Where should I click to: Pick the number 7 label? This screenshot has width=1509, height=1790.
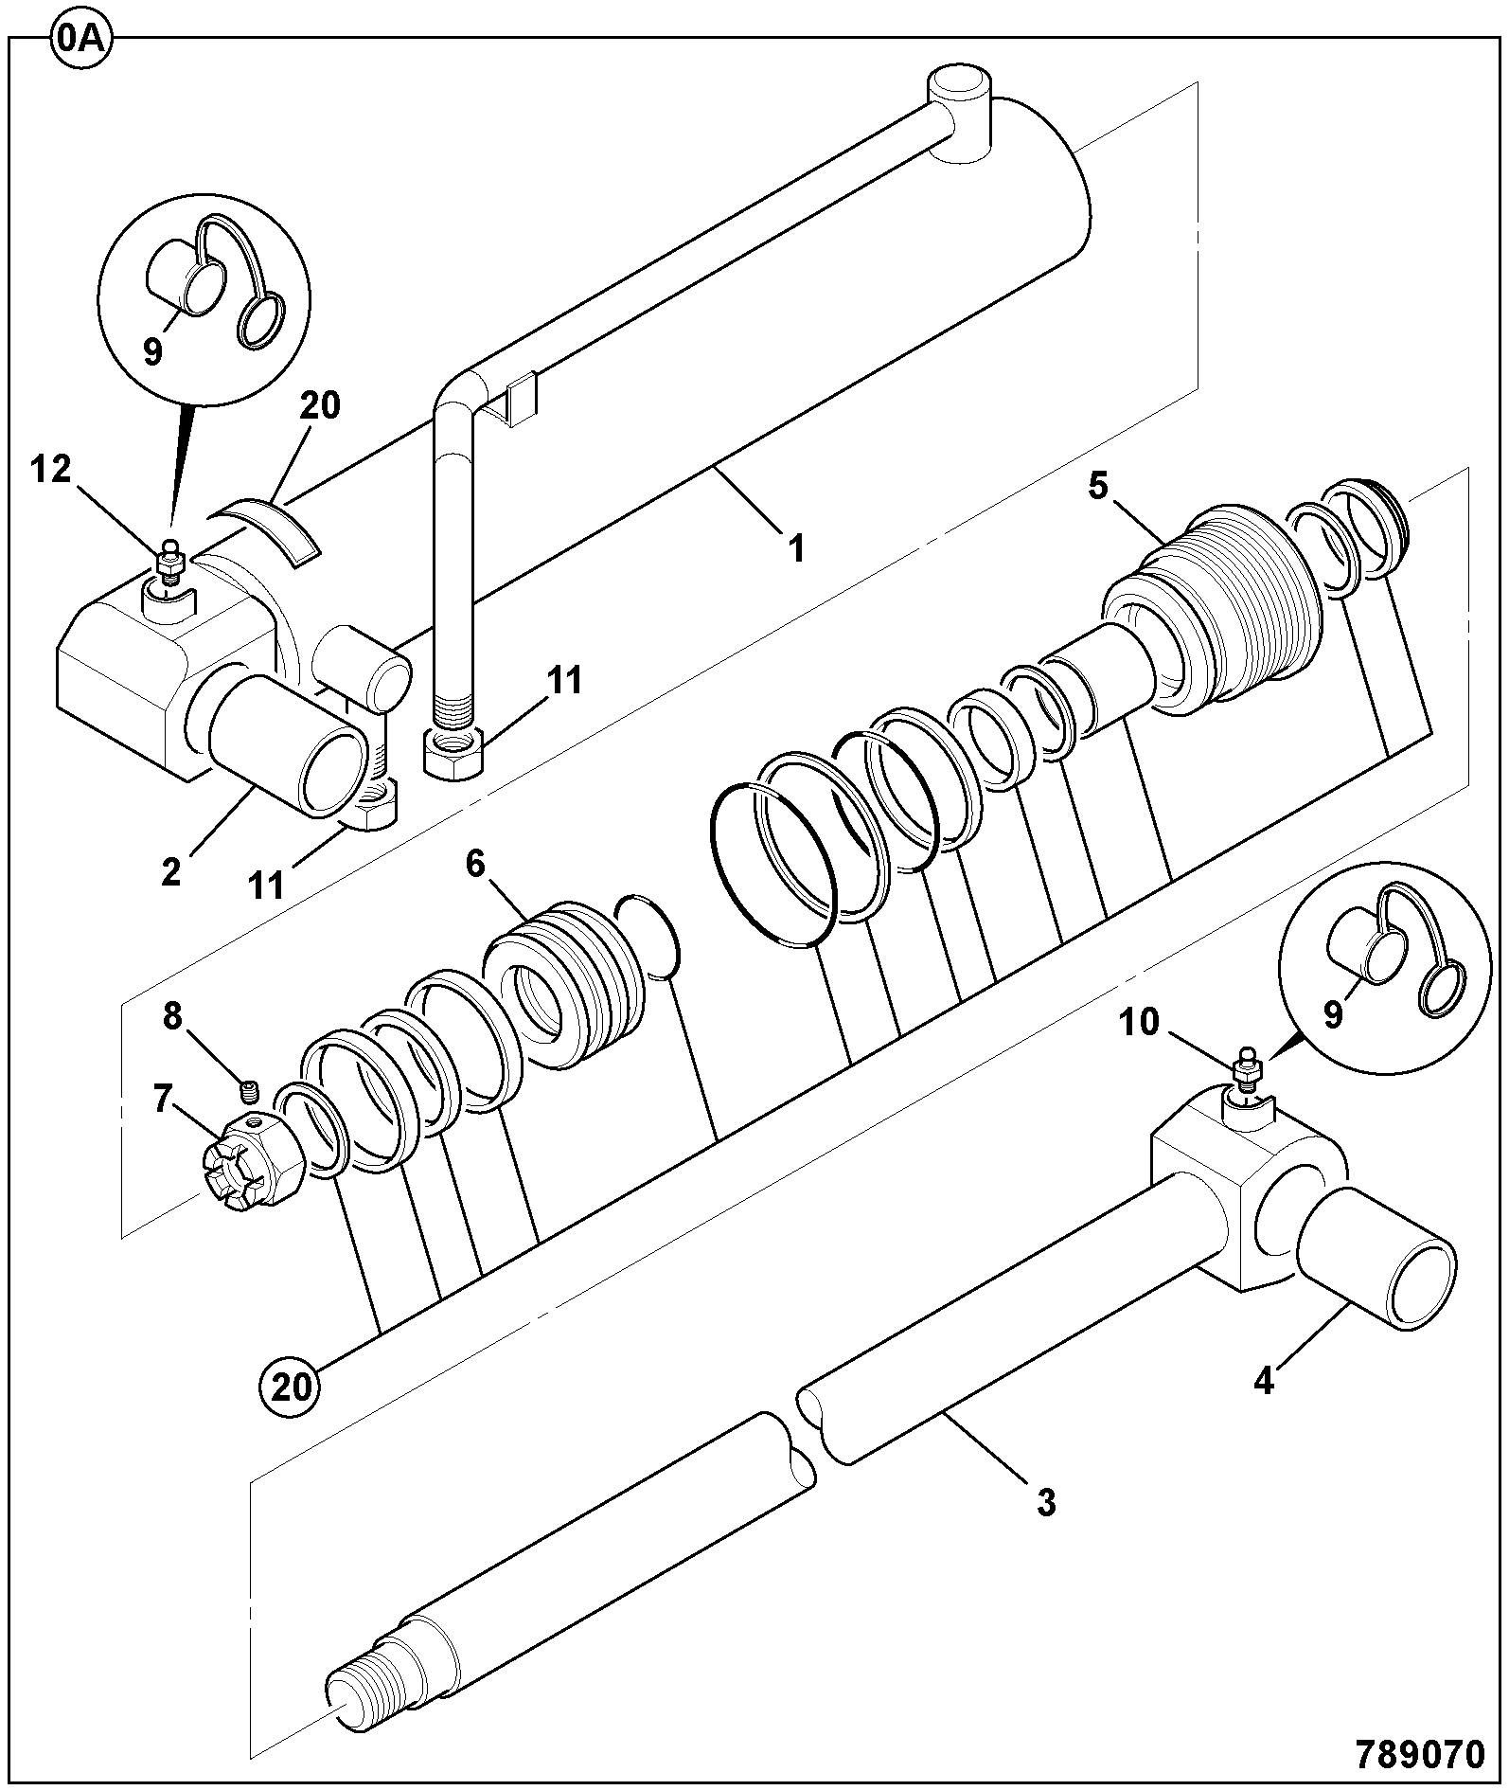click(x=163, y=1099)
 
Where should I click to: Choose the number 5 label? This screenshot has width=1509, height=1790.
click(x=1097, y=486)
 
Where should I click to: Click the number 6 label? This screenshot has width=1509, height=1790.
click(x=475, y=864)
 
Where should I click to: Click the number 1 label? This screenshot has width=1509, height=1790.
click(x=796, y=547)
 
